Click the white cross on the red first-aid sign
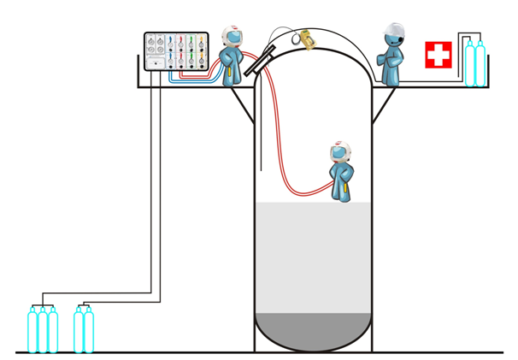[439, 56]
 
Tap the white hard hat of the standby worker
[393, 32]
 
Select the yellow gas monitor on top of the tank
[306, 38]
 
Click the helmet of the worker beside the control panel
[231, 36]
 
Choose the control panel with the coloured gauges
[176, 52]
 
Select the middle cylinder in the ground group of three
[42, 331]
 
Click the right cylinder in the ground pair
[89, 331]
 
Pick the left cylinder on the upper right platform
[468, 64]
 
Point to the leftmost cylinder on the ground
[32, 331]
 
